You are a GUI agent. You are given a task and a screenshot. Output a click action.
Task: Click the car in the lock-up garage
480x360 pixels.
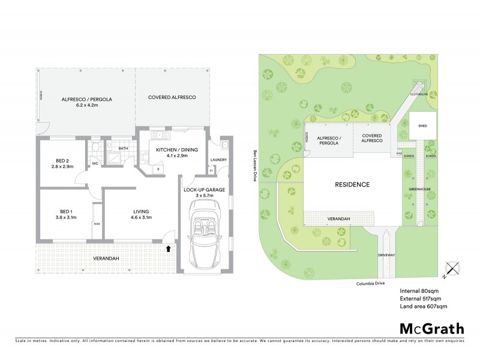(206, 234)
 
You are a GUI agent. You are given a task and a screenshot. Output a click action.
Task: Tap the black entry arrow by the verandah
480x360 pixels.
(168, 247)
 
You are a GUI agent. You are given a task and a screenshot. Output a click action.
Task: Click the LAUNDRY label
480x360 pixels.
(218, 160)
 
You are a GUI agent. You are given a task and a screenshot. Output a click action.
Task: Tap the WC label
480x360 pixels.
(95, 163)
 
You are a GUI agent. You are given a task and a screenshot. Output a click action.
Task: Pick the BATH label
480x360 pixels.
(124, 148)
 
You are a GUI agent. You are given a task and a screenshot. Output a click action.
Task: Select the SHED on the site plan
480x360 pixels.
(423, 126)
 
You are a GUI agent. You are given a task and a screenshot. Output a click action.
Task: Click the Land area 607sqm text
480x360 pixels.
(424, 307)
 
